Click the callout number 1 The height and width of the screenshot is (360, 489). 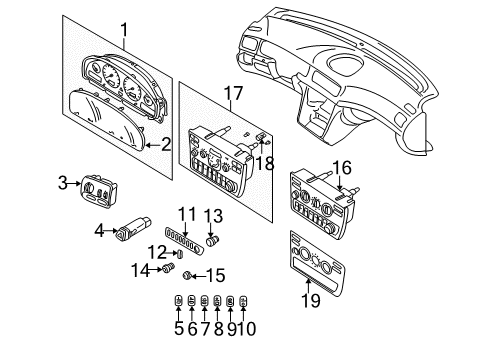click(x=124, y=31)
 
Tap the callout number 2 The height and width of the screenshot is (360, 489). click(x=166, y=143)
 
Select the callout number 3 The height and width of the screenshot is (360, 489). click(x=62, y=182)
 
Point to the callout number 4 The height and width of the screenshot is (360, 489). click(x=99, y=230)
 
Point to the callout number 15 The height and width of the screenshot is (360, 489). click(x=214, y=275)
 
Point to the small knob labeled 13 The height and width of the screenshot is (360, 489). click(x=212, y=240)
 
